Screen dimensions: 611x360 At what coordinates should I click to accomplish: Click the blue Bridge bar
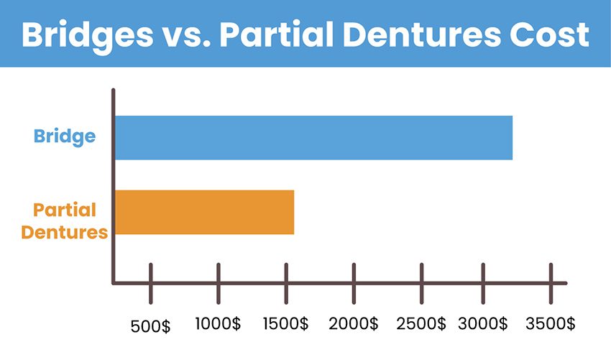pos(313,137)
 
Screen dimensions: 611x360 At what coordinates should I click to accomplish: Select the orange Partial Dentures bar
pos(205,213)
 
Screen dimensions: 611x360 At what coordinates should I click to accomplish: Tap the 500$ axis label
pos(150,326)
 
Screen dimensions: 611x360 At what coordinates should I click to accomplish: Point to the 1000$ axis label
pos(218,324)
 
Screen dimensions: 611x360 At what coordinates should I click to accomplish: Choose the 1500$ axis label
pos(285,324)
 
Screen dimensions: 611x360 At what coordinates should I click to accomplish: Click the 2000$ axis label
pos(354,324)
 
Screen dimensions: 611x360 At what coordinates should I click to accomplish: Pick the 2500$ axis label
pos(421,324)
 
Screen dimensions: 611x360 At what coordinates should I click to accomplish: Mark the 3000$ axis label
pos(483,324)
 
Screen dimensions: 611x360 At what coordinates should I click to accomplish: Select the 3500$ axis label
pos(550,324)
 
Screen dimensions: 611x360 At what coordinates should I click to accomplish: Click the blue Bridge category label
pos(65,137)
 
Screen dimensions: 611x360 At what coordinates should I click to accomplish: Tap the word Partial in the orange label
pos(65,210)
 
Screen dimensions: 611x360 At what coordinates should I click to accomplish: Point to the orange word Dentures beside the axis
pos(64,232)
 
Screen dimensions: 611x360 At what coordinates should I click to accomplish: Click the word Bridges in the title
pos(88,36)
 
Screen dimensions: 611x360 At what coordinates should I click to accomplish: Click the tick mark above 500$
pos(151,284)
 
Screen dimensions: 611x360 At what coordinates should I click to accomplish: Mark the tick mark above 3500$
pos(551,284)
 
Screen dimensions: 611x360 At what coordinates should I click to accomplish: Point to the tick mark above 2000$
pos(354,284)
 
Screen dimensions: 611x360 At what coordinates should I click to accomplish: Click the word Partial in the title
pos(277,34)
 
